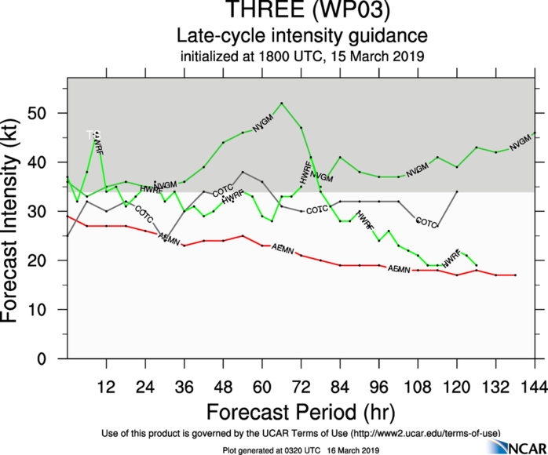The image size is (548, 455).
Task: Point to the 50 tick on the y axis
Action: click(x=53, y=113)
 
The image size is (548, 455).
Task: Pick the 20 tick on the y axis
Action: click(x=53, y=260)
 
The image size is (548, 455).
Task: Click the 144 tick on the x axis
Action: click(x=535, y=386)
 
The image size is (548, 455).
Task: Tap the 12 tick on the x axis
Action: click(x=106, y=386)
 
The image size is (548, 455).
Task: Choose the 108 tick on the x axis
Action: click(x=418, y=386)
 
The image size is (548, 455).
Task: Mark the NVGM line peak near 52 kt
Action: click(x=282, y=103)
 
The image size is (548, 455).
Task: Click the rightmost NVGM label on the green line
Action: click(x=521, y=143)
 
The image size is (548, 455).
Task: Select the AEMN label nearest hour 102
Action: click(x=399, y=269)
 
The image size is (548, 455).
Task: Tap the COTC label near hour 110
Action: click(x=426, y=223)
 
